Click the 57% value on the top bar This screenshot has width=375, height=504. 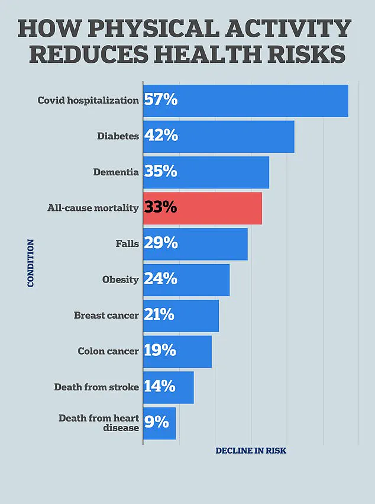tap(160, 100)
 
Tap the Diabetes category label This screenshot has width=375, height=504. tap(118, 136)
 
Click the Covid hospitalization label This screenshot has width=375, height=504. tap(88, 100)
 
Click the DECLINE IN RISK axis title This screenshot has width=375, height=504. tap(251, 451)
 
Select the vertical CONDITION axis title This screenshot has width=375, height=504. tap(31, 263)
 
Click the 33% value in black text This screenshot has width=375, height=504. tap(160, 208)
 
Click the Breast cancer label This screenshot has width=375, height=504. tap(106, 316)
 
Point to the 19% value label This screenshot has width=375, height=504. tap(160, 351)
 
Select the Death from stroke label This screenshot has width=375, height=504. tap(96, 387)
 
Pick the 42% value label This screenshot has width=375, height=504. tap(160, 136)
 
